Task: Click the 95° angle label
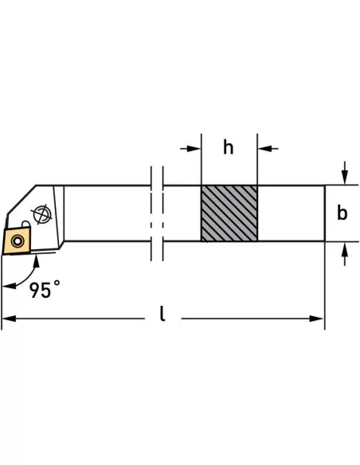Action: click(45, 290)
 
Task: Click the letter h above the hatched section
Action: click(229, 148)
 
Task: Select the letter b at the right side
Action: click(342, 213)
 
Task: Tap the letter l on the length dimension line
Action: click(162, 316)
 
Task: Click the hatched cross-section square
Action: click(229, 213)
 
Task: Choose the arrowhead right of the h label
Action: click(264, 148)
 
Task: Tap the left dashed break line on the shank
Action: click(151, 213)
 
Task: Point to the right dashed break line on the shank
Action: click(162, 213)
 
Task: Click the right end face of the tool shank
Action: click(324, 213)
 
